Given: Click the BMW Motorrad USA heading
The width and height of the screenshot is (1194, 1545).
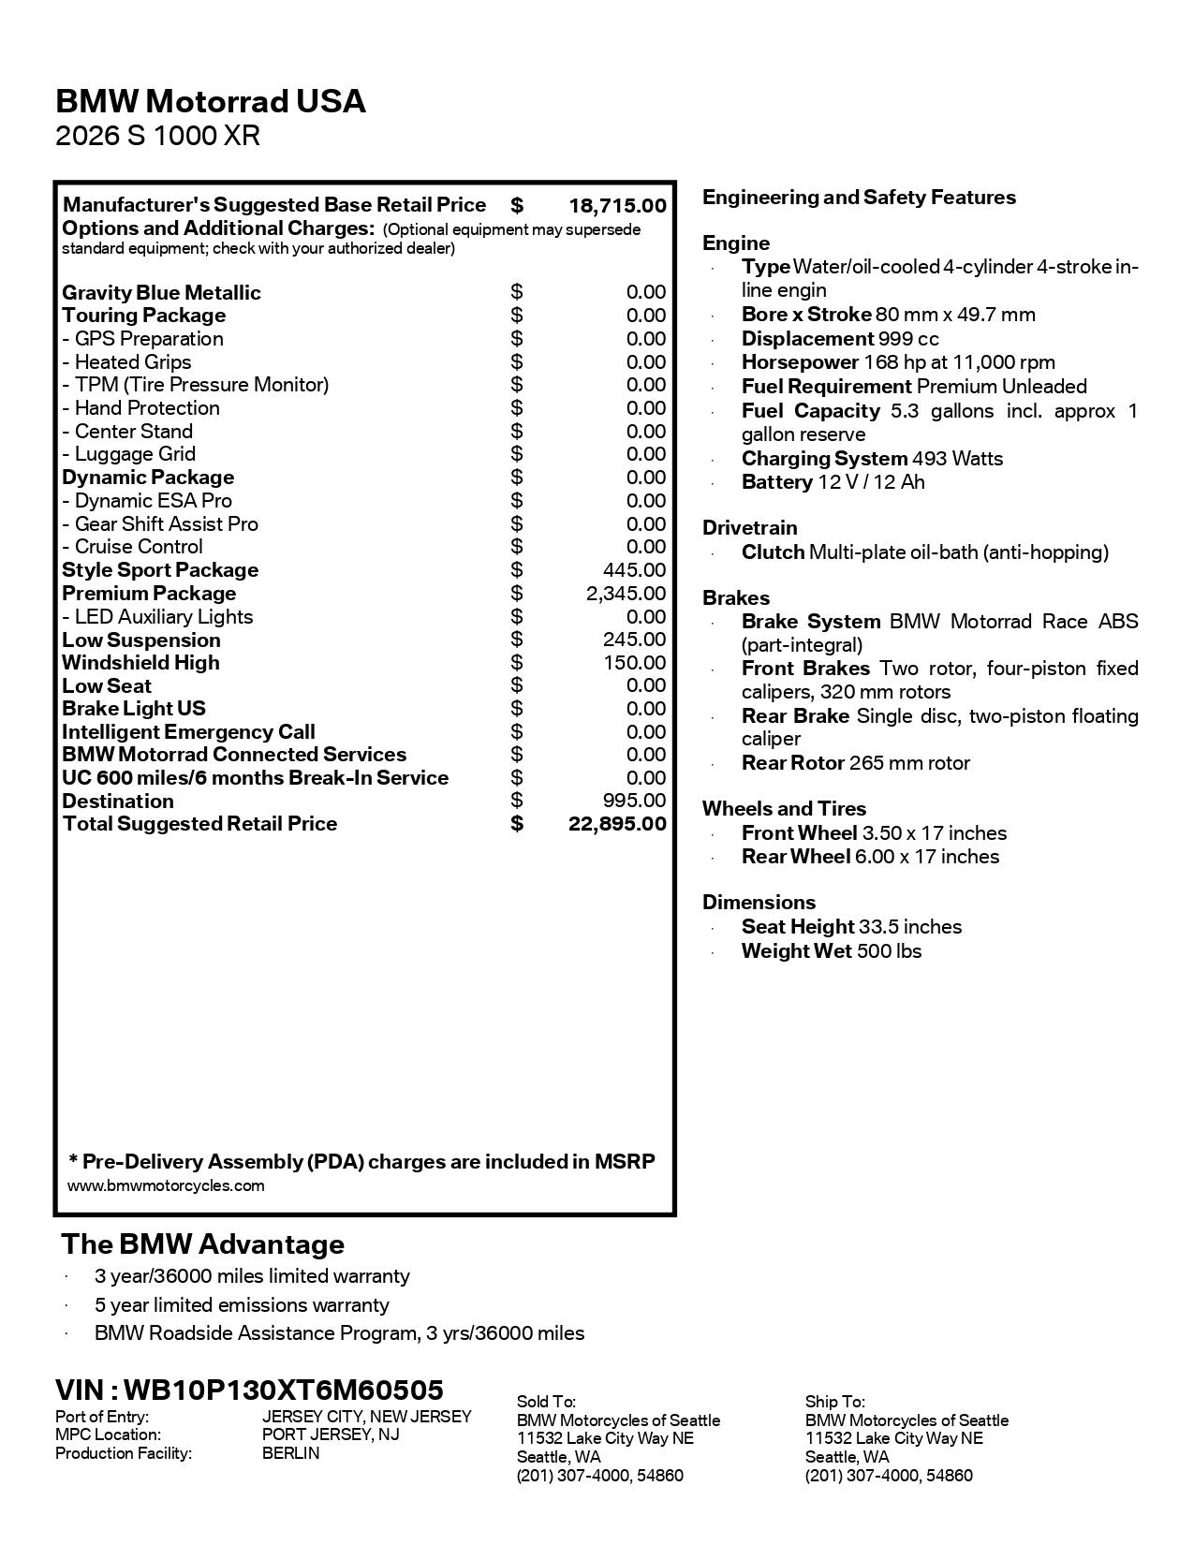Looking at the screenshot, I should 211,101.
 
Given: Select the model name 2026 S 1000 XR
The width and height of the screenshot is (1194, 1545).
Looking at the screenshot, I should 157,137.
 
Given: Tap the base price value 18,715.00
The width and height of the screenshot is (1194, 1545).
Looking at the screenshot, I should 617,206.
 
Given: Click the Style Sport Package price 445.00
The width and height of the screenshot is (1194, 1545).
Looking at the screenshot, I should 634,570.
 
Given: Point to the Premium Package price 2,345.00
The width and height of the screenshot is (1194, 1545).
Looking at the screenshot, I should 626,594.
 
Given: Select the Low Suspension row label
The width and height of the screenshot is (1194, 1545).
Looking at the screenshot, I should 141,640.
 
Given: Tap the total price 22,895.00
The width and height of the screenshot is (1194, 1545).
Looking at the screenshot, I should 617,824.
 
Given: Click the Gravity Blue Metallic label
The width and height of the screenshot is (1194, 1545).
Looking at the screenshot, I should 161,293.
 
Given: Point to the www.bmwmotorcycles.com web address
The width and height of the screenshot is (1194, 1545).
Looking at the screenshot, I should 166,1186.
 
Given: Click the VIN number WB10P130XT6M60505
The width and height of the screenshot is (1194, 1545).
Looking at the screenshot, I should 284,1390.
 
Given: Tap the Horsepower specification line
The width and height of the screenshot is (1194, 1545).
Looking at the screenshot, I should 897,362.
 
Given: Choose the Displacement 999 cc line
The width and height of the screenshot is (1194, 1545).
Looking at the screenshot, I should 839,339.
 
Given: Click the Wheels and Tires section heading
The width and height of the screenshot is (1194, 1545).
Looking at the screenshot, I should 784,809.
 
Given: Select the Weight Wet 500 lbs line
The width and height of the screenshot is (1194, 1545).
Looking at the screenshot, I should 831,951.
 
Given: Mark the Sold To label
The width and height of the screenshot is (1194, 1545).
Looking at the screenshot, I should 546,1402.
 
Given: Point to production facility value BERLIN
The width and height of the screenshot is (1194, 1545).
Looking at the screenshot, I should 290,1453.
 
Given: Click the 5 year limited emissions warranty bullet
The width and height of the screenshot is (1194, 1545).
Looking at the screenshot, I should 242,1305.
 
